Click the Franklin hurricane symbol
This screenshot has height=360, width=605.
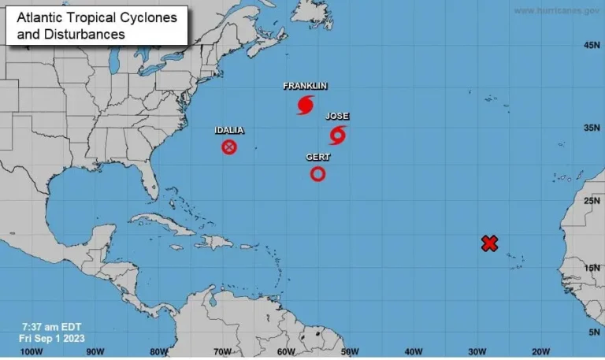coord(306,105)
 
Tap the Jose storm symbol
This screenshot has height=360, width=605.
coord(338,135)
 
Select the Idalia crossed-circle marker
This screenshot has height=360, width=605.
coord(229,147)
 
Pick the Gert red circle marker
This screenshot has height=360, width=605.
coord(317,173)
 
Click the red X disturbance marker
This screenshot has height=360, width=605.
coord(489,243)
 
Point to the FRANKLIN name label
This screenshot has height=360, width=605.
coord(305,86)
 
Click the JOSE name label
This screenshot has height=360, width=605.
coord(337,117)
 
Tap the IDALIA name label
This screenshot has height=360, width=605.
coord(229,130)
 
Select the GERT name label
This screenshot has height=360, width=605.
coord(317,158)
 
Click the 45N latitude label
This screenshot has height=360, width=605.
coord(592,46)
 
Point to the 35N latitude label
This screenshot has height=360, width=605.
coord(592,127)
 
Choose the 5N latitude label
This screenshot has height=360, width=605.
coord(594,332)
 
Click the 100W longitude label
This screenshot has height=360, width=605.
coord(31,351)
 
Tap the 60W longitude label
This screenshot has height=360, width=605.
coord(286,351)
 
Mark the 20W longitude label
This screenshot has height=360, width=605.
coord(540,351)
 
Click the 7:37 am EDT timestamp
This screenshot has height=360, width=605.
coord(52,327)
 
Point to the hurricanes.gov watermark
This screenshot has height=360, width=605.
coord(556,10)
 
